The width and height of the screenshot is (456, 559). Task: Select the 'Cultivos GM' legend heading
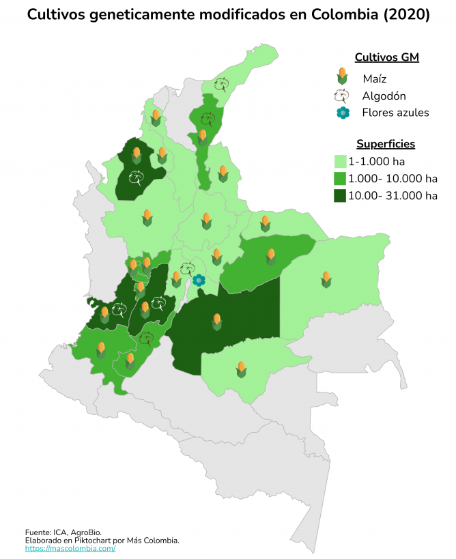point(386,57)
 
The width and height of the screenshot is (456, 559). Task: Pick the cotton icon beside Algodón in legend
point(342,96)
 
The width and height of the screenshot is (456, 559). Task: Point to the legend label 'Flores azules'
point(395,113)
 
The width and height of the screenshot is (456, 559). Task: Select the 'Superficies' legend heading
point(386,144)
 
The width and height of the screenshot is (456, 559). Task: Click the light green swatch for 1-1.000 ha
point(340,162)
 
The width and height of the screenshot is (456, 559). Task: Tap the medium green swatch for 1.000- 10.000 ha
point(340,179)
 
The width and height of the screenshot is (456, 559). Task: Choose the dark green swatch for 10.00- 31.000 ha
point(340,196)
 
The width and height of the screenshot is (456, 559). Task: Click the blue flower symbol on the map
point(199,280)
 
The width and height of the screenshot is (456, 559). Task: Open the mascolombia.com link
point(70,548)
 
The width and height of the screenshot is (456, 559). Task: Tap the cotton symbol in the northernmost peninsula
point(222,84)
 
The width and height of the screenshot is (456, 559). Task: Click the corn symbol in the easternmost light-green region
point(326,278)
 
